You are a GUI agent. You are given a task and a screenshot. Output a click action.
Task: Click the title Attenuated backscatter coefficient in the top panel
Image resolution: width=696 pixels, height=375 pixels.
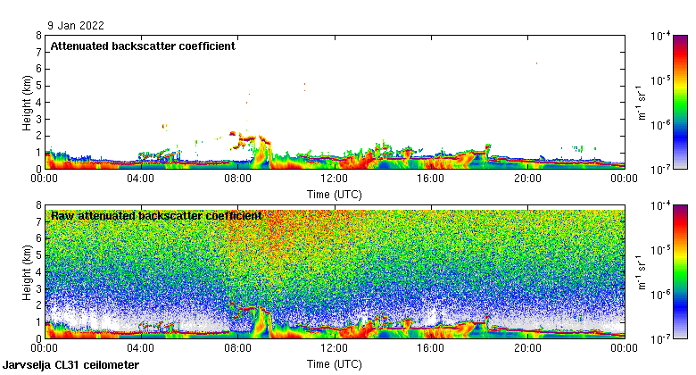(143, 46)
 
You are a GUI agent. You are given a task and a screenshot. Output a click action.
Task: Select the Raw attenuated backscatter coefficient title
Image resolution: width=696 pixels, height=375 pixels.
(156, 216)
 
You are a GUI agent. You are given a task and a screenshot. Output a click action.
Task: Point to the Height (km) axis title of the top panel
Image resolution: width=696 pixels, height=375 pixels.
(28, 102)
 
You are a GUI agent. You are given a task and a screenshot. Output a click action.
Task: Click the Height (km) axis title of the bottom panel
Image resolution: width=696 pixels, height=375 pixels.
(28, 271)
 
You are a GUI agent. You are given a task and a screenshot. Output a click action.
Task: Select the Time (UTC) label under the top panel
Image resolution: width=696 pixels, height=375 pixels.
(335, 193)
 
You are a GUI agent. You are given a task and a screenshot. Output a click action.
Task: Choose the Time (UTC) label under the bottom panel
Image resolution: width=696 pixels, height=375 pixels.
(335, 363)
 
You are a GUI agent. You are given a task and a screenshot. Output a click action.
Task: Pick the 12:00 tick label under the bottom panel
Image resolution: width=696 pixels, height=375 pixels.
(335, 349)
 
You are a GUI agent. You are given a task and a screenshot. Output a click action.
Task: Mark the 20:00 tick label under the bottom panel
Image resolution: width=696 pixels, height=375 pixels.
(527, 349)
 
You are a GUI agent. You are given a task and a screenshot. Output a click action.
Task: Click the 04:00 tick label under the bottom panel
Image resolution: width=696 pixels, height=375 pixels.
(142, 349)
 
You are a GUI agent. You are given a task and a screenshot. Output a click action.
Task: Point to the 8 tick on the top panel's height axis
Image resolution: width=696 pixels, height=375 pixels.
(38, 36)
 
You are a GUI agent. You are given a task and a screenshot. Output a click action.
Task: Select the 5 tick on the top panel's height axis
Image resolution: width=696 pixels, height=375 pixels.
(38, 86)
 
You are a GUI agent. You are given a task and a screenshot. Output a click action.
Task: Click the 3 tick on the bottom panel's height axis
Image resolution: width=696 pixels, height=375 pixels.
(38, 288)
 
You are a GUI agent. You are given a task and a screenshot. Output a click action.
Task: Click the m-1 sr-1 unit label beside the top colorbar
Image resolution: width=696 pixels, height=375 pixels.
(641, 102)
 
